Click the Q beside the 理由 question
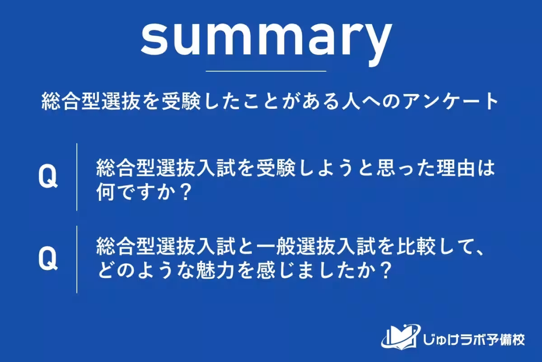click(x=47, y=177)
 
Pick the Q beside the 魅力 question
click(x=47, y=260)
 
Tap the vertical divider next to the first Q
click(x=77, y=177)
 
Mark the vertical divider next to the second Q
click(x=77, y=260)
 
